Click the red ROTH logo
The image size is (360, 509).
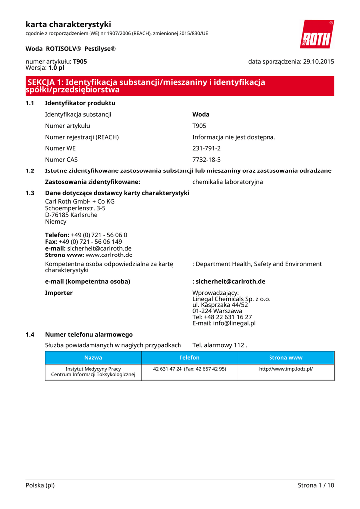point(316,34)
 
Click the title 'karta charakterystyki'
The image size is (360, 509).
point(68,24)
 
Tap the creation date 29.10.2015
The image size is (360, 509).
point(318,62)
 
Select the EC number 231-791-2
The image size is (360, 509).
point(206,148)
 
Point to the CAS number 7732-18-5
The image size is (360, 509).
point(206,160)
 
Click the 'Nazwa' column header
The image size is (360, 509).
point(93,358)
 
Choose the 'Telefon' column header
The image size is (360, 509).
point(189,358)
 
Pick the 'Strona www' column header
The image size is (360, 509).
point(285,358)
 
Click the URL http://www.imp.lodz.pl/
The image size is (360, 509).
point(285,369)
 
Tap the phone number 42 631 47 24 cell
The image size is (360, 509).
point(189,369)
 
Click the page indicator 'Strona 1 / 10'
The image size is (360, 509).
point(316,485)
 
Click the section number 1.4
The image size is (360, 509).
point(30,335)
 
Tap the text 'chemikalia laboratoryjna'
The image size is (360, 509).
point(227,182)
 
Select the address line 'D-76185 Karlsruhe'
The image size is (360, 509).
point(71,215)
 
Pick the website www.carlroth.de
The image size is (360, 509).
point(109,254)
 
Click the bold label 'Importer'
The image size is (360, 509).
point(59,293)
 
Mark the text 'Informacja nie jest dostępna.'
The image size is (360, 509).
point(234,137)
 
